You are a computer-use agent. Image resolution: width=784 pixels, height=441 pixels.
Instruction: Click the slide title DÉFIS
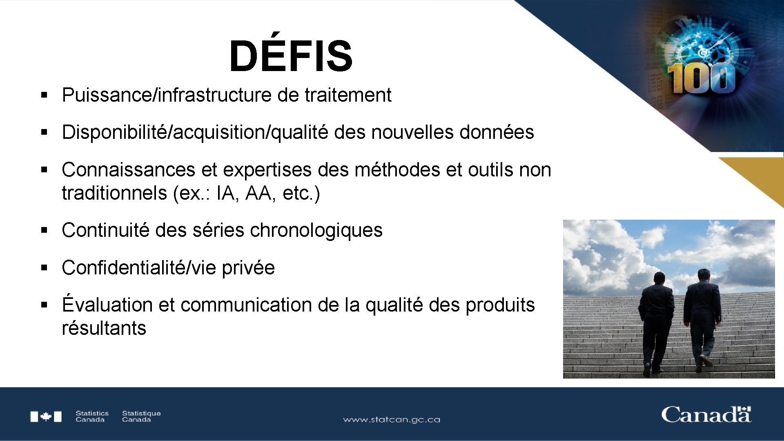click(x=291, y=56)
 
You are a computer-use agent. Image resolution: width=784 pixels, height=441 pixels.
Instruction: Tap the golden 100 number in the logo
click(x=701, y=78)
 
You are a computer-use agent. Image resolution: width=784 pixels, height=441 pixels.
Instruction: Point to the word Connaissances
click(x=128, y=170)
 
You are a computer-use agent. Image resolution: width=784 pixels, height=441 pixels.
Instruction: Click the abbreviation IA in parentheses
click(x=226, y=193)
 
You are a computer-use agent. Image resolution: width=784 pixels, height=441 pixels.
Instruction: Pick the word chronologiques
click(x=316, y=230)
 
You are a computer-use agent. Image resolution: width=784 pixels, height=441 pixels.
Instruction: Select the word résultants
click(x=104, y=328)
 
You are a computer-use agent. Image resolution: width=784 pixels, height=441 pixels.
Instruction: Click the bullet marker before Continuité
click(x=45, y=231)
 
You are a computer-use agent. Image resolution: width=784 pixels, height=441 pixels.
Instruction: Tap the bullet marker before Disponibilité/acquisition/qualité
click(x=45, y=132)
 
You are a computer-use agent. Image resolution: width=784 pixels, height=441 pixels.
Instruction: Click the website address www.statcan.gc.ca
click(x=391, y=419)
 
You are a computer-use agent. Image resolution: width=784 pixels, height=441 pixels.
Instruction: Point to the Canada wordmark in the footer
click(x=706, y=415)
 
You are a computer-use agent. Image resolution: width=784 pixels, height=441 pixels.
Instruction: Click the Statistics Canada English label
click(x=92, y=416)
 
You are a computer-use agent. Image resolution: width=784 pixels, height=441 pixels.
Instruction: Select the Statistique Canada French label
click(x=141, y=416)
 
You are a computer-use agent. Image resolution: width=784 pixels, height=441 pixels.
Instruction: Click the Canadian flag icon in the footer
click(x=46, y=416)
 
